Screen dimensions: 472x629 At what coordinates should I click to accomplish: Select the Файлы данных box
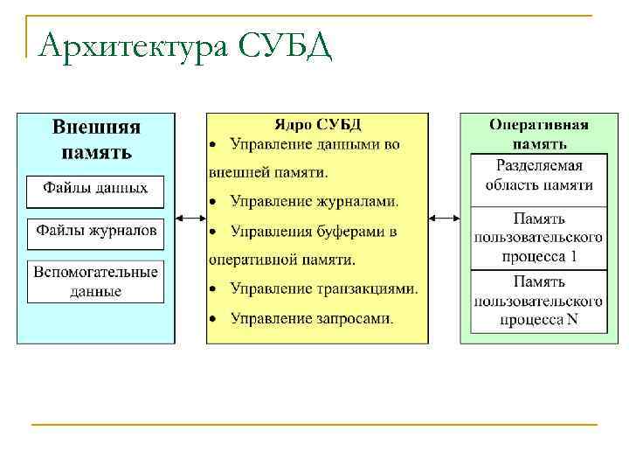pos(96,188)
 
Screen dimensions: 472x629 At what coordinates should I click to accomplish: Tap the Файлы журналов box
pos(96,232)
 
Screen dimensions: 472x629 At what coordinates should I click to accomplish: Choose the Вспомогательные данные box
pos(96,281)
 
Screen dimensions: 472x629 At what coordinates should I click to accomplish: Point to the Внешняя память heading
pos(96,139)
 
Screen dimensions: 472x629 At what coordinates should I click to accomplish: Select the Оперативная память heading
pos(538,134)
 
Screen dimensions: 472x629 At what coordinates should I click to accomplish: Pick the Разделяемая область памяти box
pos(539,175)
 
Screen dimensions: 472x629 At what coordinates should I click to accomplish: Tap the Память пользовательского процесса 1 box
pos(539,238)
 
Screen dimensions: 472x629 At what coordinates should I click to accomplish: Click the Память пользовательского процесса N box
pos(539,301)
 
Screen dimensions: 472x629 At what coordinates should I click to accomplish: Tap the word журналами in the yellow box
pos(357,202)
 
